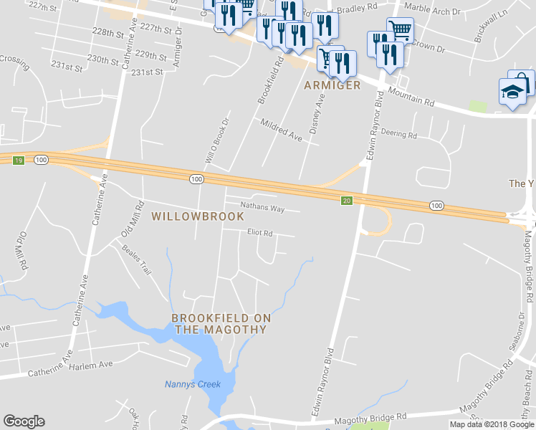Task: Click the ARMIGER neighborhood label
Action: [332, 85]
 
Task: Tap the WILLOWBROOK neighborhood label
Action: [198, 216]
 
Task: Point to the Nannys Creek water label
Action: [192, 384]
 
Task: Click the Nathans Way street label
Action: [262, 209]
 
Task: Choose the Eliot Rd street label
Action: [259, 233]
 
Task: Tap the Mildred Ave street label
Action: [281, 130]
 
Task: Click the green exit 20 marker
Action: [347, 200]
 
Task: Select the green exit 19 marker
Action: [19, 160]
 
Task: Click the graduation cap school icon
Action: [512, 92]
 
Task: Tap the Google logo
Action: [24, 421]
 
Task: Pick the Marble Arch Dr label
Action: [427, 12]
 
